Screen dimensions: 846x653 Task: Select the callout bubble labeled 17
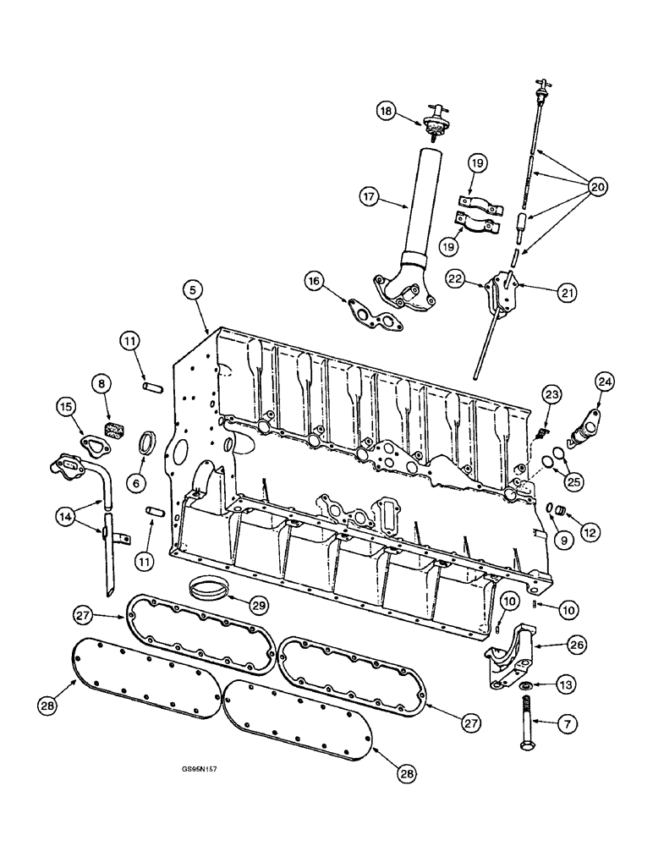coord(369,197)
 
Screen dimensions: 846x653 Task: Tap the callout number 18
coord(386,112)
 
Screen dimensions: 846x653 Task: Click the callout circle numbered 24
coord(603,382)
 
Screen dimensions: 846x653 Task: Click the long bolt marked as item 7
coord(526,724)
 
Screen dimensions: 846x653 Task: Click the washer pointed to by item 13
coord(526,684)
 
